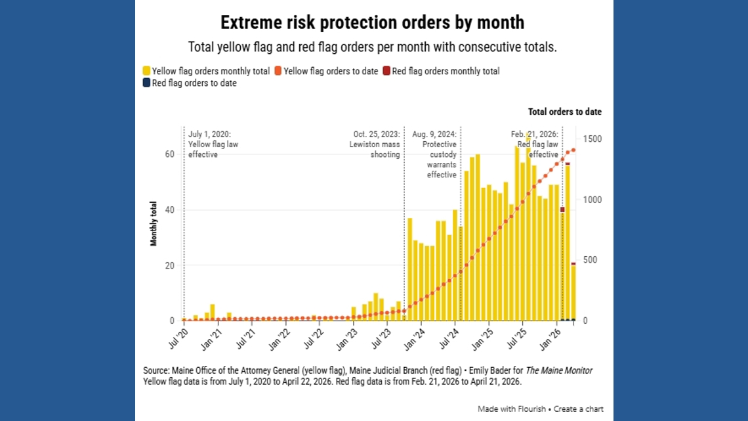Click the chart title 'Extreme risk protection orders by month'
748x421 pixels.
[x=372, y=22]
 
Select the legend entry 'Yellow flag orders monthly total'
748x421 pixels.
[x=206, y=71]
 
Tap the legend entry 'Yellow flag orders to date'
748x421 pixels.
[x=326, y=71]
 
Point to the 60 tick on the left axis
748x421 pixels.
[x=169, y=154]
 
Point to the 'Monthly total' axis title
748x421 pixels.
[x=154, y=223]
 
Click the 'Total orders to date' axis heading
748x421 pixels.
[x=564, y=112]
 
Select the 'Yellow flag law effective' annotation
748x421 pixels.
[x=210, y=144]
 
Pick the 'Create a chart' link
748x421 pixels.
[x=580, y=409]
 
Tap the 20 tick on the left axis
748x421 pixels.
[x=169, y=265]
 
